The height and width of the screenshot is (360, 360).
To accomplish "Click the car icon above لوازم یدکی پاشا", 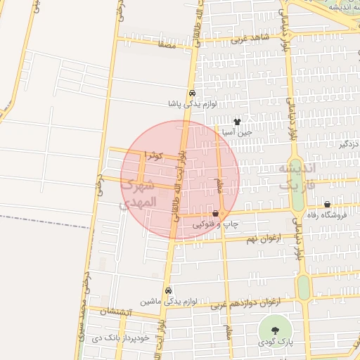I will (x=191, y=93).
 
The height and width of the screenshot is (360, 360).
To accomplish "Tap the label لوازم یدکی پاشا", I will (x=191, y=103).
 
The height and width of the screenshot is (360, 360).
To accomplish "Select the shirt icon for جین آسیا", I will (x=246, y=122).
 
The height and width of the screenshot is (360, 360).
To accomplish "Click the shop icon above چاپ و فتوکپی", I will (x=216, y=213).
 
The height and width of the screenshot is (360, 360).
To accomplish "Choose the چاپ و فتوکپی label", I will (x=217, y=224).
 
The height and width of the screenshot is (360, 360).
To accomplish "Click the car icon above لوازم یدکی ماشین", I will (x=168, y=290).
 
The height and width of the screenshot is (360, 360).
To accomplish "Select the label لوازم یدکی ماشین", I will (x=167, y=300).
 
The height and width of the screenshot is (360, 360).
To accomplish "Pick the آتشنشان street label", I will (x=112, y=311).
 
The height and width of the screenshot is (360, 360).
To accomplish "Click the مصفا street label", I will (x=167, y=44).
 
